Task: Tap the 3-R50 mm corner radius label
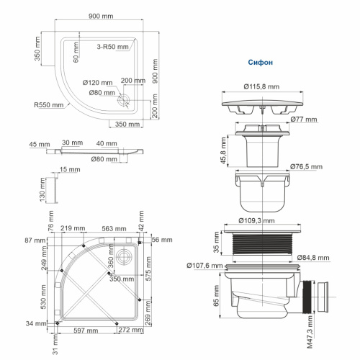click(x=114, y=46)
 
